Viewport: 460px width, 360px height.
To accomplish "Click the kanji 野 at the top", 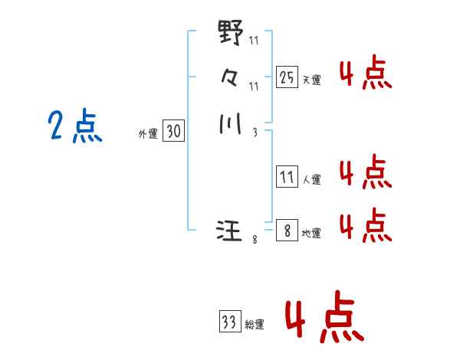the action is (231, 34).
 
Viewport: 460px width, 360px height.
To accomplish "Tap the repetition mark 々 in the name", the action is (230, 77).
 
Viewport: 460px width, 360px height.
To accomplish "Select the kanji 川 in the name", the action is (230, 123).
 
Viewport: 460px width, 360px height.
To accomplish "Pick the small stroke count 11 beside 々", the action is (254, 86).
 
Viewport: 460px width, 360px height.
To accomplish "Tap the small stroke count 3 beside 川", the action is (254, 132).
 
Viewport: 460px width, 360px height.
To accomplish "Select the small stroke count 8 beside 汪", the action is (255, 240).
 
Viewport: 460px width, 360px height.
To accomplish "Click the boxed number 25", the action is (287, 77).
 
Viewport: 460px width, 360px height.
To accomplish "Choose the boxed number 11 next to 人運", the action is (287, 178).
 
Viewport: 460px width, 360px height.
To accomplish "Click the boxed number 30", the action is (173, 132).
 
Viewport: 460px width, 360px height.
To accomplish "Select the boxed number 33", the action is (229, 322).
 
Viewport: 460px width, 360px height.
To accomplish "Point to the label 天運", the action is (312, 80).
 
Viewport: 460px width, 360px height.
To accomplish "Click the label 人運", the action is (312, 180).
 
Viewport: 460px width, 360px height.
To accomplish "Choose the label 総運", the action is (255, 325).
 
